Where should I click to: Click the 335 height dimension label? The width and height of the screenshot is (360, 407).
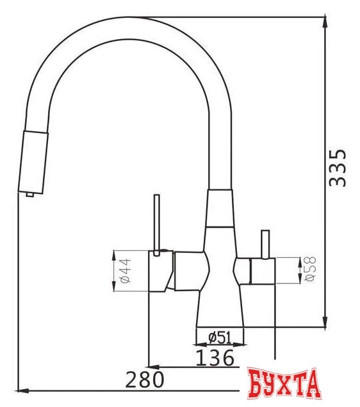click(x=338, y=168)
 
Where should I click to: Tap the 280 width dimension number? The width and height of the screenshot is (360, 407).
click(x=145, y=379)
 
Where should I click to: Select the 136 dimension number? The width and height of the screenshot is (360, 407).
click(x=215, y=358)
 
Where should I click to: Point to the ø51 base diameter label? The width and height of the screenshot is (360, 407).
click(x=220, y=338)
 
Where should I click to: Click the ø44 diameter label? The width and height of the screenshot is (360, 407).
click(x=126, y=271)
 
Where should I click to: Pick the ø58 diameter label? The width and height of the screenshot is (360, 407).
click(x=311, y=269)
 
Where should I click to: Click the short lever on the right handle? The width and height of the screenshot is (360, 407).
click(x=265, y=244)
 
